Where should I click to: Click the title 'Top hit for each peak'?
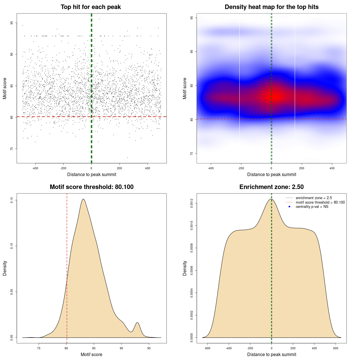[91, 7]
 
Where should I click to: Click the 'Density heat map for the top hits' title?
[271, 7]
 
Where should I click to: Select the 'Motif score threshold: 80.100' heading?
[91, 187]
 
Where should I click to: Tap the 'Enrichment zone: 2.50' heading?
[271, 187]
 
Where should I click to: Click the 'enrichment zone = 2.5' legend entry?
[314, 198]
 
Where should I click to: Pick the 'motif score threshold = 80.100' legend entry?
[320, 202]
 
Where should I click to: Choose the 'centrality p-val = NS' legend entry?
[312, 207]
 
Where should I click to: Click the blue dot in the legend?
[289, 207]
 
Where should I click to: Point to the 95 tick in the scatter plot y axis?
[12, 23]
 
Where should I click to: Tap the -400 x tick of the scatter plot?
[35, 168]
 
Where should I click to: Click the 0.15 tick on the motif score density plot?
[12, 200]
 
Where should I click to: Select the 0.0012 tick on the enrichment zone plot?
[192, 203]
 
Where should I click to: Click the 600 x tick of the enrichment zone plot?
[336, 348]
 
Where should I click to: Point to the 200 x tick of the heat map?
[302, 168]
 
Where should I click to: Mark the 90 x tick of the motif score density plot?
[121, 348]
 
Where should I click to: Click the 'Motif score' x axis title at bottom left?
[91, 354]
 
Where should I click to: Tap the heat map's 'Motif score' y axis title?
[185, 88]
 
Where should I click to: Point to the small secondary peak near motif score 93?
[137, 323]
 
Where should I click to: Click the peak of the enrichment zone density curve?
[271, 199]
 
